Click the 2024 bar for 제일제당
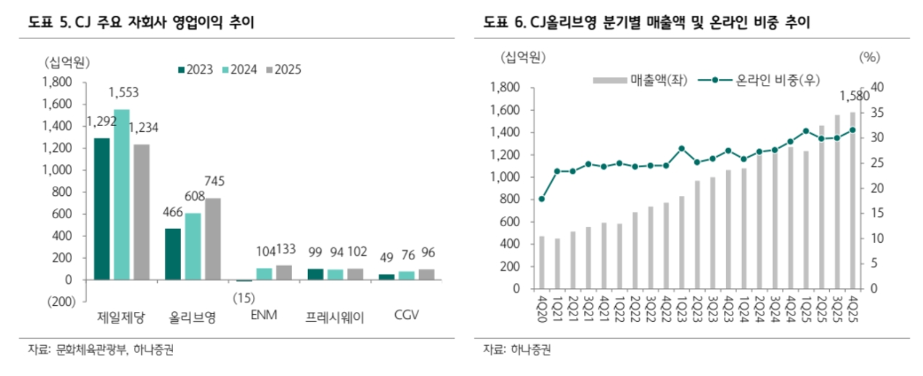[121, 194]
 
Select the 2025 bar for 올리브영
[213, 238]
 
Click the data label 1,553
[123, 93]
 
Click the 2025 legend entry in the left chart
[283, 69]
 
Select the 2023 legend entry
[195, 69]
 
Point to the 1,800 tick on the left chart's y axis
[58, 82]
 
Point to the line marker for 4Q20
[542, 199]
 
